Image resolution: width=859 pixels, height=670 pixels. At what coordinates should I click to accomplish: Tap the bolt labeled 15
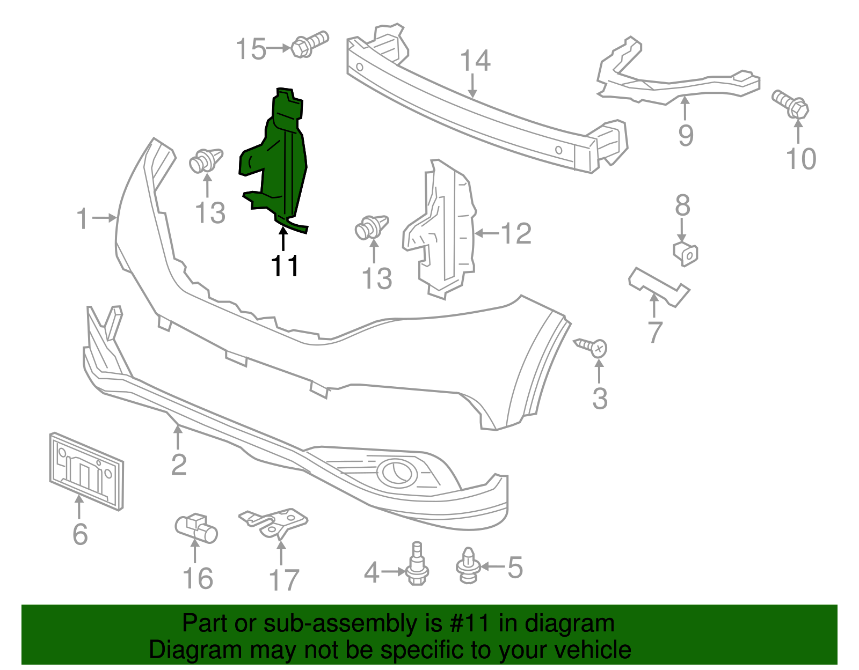pos(309,45)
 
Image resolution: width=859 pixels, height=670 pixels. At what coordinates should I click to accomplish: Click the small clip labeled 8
pos(686,254)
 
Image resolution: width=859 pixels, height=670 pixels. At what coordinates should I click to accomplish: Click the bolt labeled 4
pos(416,566)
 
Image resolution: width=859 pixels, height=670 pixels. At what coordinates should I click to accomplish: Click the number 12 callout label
pos(515,233)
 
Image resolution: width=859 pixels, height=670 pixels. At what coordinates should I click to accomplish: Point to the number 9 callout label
pos(686,135)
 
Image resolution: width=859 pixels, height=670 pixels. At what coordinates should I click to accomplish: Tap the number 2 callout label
pos(179,465)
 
